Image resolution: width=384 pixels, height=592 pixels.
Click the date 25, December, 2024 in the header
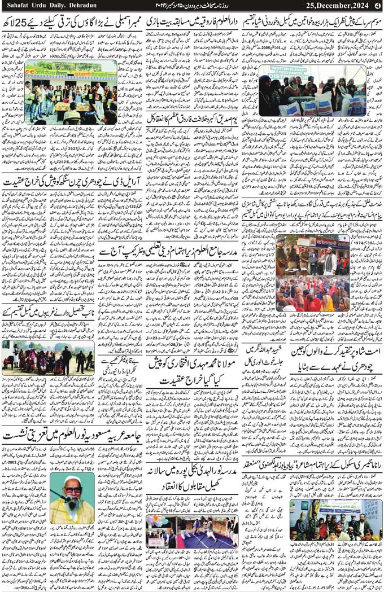[334, 6]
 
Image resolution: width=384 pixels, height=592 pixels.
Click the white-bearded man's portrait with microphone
[72, 497]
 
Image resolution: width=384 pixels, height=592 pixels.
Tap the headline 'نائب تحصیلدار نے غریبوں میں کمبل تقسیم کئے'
[47, 311]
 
